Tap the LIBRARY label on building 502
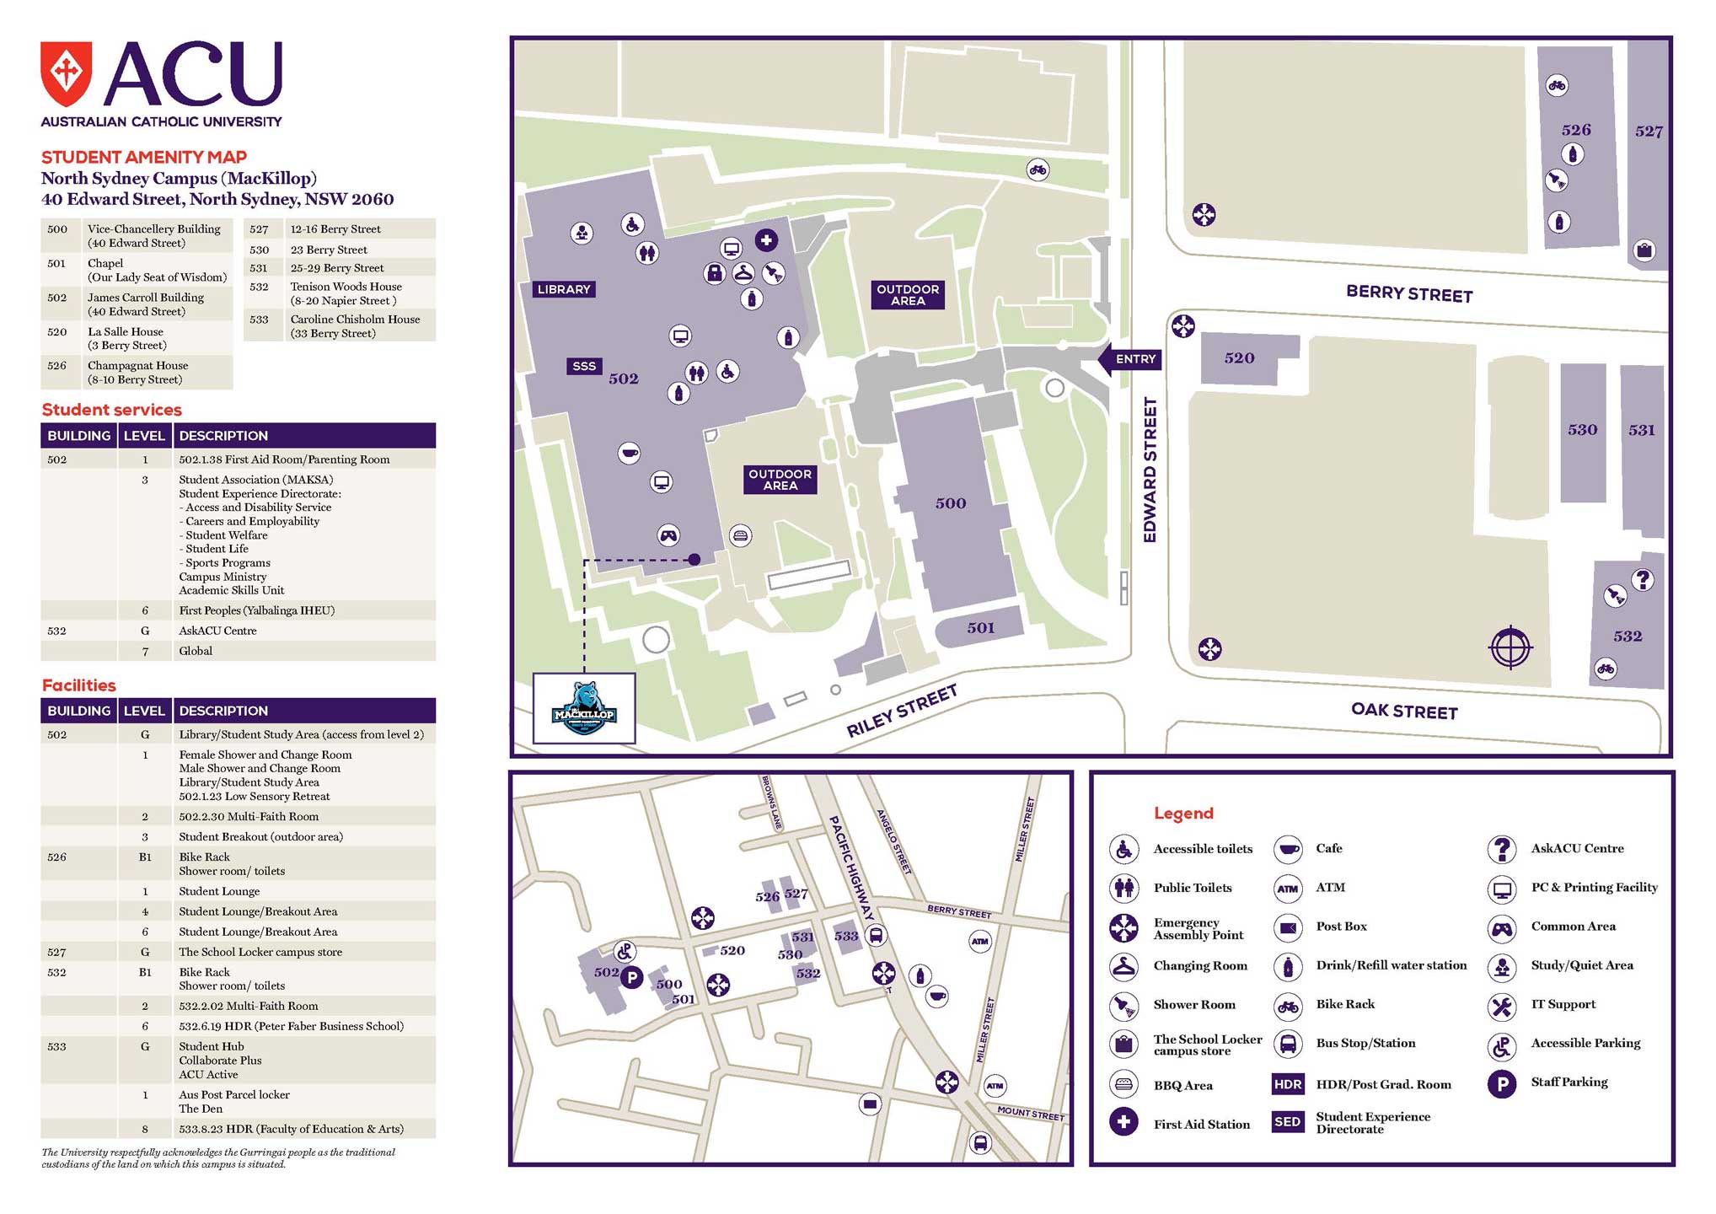[564, 289]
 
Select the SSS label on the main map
[583, 366]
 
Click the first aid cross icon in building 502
[765, 240]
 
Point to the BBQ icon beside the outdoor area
[740, 535]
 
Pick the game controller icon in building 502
[668, 534]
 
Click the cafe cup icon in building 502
[628, 453]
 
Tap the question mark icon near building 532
[1642, 580]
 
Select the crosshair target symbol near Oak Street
[1510, 647]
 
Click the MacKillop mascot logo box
[584, 708]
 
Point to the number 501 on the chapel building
[980, 628]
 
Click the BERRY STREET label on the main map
[1409, 293]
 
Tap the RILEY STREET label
[902, 711]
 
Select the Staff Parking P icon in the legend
[1501, 1083]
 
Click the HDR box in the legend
[1287, 1084]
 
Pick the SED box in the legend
[1287, 1122]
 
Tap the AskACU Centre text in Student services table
[217, 631]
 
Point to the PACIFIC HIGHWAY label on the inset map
[851, 868]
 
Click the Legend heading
[1183, 814]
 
